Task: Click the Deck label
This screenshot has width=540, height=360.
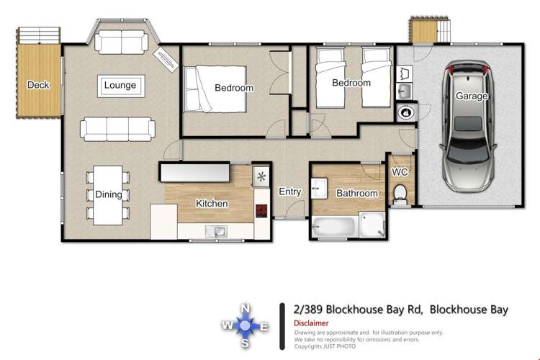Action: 37,85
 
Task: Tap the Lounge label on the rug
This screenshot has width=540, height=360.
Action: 120,86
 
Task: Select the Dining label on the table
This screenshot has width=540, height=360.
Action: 108,194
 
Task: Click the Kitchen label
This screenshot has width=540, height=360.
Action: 212,204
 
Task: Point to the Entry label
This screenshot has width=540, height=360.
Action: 289,192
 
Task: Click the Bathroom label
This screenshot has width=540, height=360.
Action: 357,193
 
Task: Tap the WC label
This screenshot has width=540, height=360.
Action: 400,173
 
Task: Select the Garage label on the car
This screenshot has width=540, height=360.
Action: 472,96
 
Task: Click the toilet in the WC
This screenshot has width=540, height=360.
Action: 400,193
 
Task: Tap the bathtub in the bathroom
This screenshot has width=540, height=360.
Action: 335,228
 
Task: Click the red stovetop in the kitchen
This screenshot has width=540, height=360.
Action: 261,211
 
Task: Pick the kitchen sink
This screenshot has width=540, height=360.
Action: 215,231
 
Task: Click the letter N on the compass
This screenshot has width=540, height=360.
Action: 246,309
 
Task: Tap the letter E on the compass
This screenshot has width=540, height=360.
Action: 264,327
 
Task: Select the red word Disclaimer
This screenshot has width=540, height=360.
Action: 311,323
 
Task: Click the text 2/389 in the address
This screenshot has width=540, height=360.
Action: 309,310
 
